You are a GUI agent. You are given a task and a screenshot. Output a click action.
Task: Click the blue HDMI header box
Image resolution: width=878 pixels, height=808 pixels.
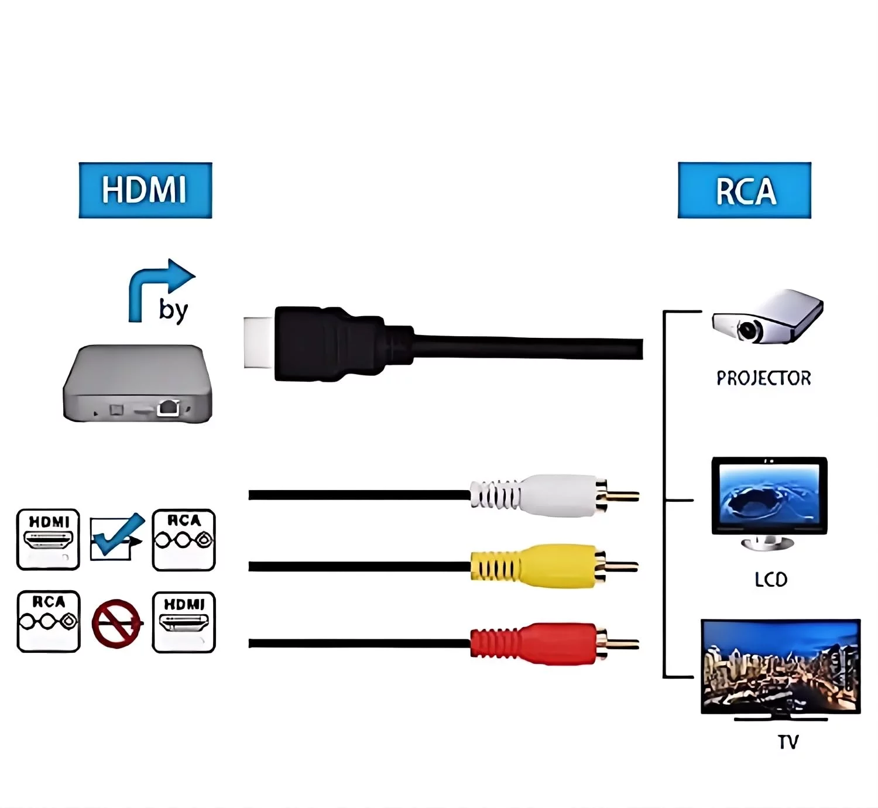145,190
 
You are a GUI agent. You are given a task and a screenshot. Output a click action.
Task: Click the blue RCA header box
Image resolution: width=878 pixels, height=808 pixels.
745,190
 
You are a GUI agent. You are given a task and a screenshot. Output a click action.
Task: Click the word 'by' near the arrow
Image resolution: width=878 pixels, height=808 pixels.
173,310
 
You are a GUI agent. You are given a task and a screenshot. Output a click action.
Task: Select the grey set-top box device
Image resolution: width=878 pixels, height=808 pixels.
138,384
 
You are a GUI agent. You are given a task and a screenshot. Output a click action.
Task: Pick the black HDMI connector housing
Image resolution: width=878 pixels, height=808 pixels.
328,344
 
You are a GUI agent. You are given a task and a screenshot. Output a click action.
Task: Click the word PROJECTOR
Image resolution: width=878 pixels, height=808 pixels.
764,378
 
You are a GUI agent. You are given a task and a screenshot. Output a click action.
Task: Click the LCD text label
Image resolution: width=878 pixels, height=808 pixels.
770,580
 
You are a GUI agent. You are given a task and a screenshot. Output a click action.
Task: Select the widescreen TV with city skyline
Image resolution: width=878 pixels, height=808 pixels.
781,667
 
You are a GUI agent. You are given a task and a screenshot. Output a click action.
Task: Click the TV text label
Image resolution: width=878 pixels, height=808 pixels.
788,742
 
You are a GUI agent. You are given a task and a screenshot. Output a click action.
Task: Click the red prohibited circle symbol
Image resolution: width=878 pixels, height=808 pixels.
116,624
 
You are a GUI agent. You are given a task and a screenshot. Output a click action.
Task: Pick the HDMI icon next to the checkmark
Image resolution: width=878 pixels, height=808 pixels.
48,539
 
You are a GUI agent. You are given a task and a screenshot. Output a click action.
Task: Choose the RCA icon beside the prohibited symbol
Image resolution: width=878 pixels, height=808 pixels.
49,621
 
